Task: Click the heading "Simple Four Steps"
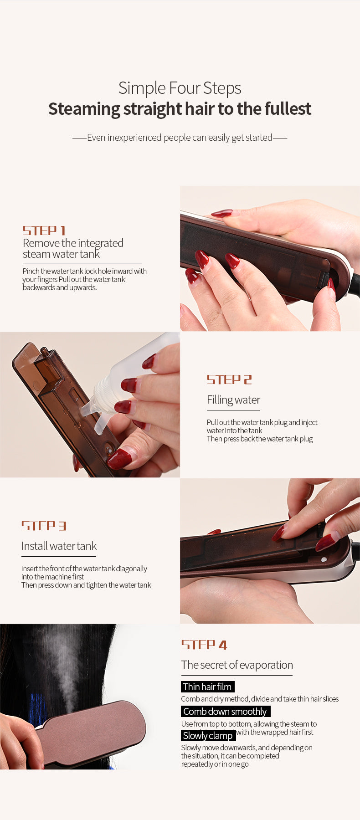pyautogui.click(x=180, y=88)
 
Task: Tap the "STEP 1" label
pyautogui.click(x=44, y=231)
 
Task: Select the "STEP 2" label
pyautogui.click(x=229, y=379)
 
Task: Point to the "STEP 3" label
pyautogui.click(x=44, y=526)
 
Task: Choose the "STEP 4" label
pyautogui.click(x=204, y=645)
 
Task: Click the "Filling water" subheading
pyautogui.click(x=233, y=400)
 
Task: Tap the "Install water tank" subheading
pyautogui.click(x=59, y=546)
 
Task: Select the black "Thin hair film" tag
pyautogui.click(x=207, y=687)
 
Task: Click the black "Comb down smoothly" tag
pyautogui.click(x=225, y=711)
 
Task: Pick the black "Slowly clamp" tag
pyautogui.click(x=208, y=735)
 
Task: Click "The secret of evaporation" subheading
pyautogui.click(x=237, y=665)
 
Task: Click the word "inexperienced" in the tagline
pyautogui.click(x=134, y=138)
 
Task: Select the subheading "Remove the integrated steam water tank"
pyautogui.click(x=73, y=248)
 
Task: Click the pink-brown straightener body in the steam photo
pyautogui.click(x=91, y=733)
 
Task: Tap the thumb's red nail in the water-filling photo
pyautogui.click(x=120, y=458)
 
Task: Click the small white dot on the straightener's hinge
pyautogui.click(x=324, y=559)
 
